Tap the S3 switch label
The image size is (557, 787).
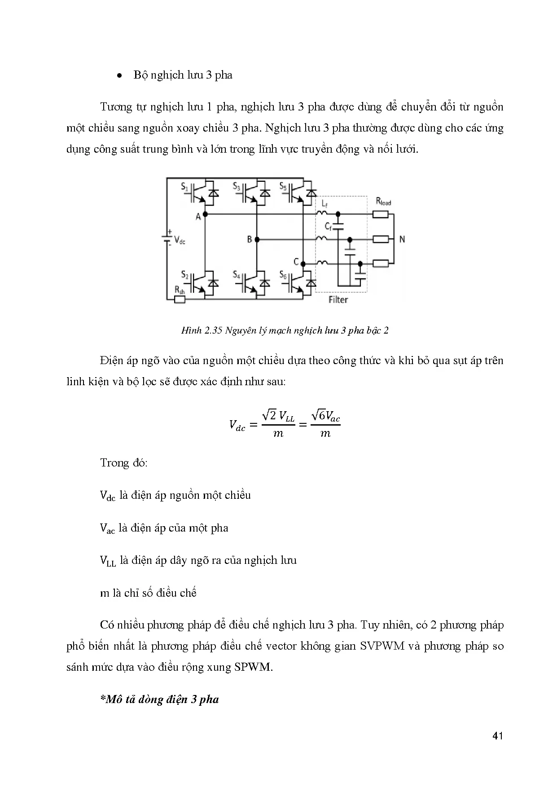point(236,186)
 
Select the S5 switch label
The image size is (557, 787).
point(283,186)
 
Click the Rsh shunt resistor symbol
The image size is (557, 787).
point(180,299)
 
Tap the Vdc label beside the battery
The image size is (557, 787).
point(179,240)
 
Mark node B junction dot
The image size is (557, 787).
point(257,239)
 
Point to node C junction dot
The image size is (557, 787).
point(303,264)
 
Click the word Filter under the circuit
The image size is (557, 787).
point(338,299)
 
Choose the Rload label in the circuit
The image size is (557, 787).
point(383,202)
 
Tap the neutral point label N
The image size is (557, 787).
point(402,239)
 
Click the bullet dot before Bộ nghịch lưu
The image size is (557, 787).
point(119,76)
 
